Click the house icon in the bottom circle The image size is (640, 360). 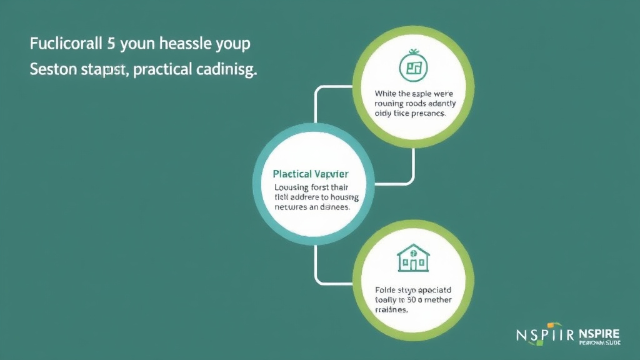(x=413, y=257)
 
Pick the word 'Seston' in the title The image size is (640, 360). (x=51, y=70)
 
